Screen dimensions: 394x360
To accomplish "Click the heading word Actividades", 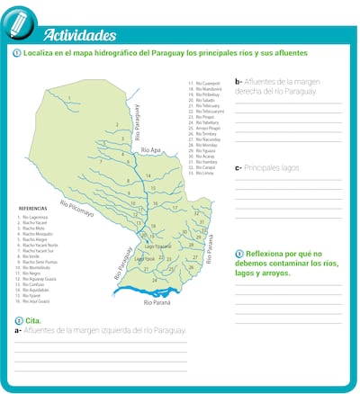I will (79, 35).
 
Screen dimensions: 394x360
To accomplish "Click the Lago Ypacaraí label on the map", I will (157, 246).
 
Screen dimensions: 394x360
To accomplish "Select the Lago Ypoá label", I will (144, 258).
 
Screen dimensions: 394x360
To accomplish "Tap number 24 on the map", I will (154, 280).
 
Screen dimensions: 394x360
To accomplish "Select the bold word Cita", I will (32, 320).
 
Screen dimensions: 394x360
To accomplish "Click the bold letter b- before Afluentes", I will (238, 80).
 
